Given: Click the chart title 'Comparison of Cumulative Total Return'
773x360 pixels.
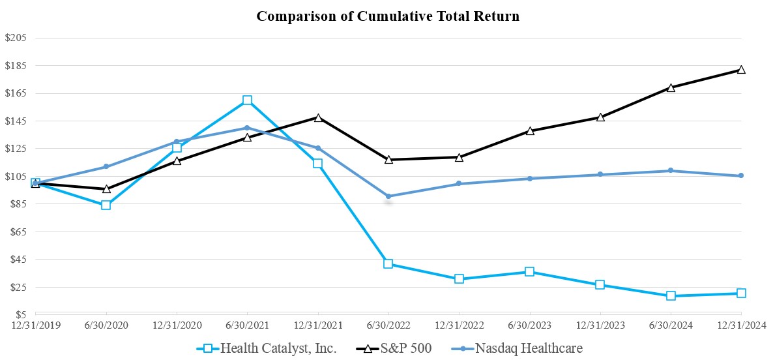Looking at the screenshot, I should click(x=388, y=16).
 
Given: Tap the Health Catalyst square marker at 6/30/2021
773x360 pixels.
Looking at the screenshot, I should click(x=247, y=100).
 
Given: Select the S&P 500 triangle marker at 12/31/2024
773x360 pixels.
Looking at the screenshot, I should click(x=741, y=70).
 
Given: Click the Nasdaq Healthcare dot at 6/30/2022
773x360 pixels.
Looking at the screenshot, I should click(x=388, y=196).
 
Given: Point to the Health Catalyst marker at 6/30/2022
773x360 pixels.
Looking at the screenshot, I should click(x=388, y=264).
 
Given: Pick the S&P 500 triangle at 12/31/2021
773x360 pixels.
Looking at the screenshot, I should click(x=317, y=117).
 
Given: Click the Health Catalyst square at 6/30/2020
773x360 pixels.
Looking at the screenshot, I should click(x=106, y=205).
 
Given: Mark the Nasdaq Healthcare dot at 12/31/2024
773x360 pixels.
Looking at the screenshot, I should click(x=741, y=175).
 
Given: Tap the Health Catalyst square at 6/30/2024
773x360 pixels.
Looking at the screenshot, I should click(x=671, y=296).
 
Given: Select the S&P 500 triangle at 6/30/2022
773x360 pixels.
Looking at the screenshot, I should click(x=388, y=160).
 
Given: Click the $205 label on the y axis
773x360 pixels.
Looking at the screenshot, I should click(x=16, y=38).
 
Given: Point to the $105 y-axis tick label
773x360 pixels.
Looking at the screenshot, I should click(x=16, y=176).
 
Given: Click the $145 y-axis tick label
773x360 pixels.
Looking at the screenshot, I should click(x=16, y=121).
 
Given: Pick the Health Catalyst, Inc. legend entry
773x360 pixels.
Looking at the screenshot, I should click(x=267, y=348).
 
